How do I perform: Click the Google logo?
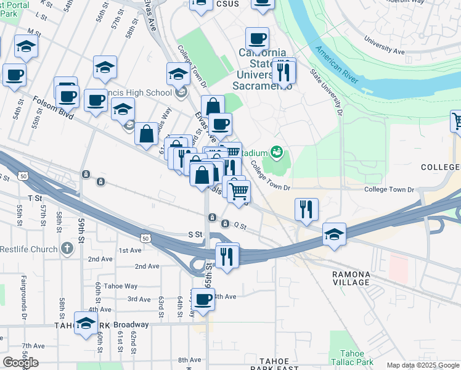point(20,363)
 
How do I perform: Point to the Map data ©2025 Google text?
point(423,365)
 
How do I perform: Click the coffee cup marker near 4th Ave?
point(203,300)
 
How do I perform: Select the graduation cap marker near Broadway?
point(86,323)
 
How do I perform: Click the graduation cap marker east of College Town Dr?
point(334,234)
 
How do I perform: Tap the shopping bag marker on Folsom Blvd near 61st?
point(147,134)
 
